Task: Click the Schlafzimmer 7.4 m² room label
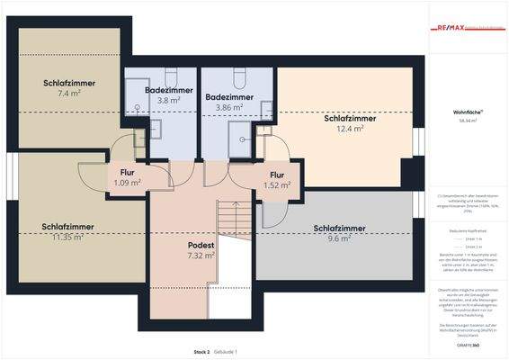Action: coord(68,87)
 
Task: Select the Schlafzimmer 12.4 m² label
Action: coord(349,123)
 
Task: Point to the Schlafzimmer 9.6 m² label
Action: coord(339,233)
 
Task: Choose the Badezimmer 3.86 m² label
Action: coord(230,102)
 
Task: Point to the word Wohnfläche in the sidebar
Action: coord(465,113)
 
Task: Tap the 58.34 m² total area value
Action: coord(465,122)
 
